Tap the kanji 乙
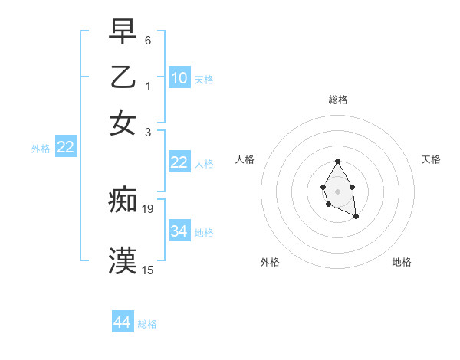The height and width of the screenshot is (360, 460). tap(123, 77)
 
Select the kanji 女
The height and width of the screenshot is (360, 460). tap(123, 123)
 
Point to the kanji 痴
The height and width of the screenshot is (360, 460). tap(123, 201)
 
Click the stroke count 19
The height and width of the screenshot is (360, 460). tap(149, 208)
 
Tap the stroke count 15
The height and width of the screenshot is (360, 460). tap(148, 270)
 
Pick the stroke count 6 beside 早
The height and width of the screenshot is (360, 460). tap(147, 39)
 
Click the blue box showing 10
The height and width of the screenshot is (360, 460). tap(179, 77)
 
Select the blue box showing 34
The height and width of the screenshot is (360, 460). tap(179, 231)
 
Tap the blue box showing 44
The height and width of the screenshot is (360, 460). tap(123, 322)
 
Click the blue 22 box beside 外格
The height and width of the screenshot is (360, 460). tap(65, 147)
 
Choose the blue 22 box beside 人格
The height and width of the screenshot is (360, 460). tap(179, 162)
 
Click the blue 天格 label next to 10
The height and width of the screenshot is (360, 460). tap(203, 80)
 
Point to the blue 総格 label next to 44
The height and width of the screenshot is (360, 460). tap(147, 325)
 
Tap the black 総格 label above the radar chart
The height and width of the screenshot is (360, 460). tap(337, 100)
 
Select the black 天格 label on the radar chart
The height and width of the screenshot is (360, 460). tap(431, 159)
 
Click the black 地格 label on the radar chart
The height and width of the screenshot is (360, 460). tap(402, 262)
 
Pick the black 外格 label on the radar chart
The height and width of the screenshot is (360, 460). tap(270, 262)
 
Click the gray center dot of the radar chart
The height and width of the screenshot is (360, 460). tap(337, 190)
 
